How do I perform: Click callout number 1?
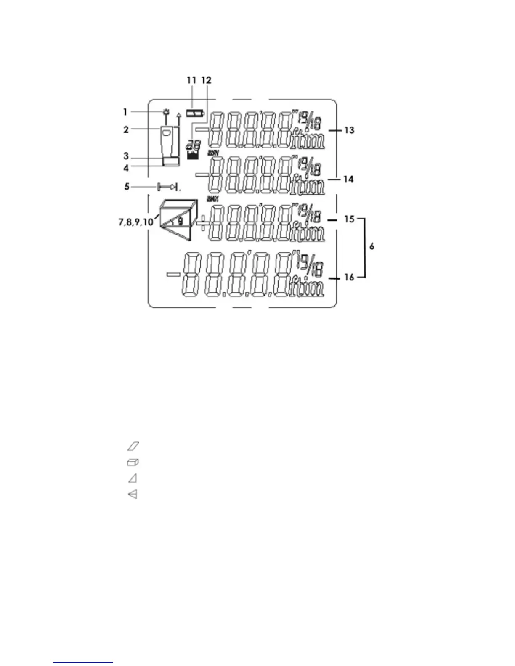pyautogui.click(x=125, y=112)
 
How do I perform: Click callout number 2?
pyautogui.click(x=126, y=129)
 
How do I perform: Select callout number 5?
pyautogui.click(x=127, y=186)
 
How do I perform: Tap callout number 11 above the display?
pyautogui.click(x=191, y=80)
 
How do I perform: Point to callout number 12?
pyautogui.click(x=206, y=80)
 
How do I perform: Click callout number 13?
pyautogui.click(x=349, y=130)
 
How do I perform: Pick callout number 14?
pyautogui.click(x=349, y=180)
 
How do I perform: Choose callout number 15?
pyautogui.click(x=349, y=219)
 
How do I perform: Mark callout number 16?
pyautogui.click(x=349, y=277)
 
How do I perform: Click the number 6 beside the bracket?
pyautogui.click(x=372, y=247)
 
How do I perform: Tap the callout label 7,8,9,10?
pyautogui.click(x=136, y=222)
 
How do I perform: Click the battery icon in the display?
pyautogui.click(x=196, y=113)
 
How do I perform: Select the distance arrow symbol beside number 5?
pyautogui.click(x=168, y=186)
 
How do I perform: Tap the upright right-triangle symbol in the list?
pyautogui.click(x=133, y=478)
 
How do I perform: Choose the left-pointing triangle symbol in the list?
pyautogui.click(x=133, y=495)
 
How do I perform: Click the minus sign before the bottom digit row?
pyautogui.click(x=173, y=275)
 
